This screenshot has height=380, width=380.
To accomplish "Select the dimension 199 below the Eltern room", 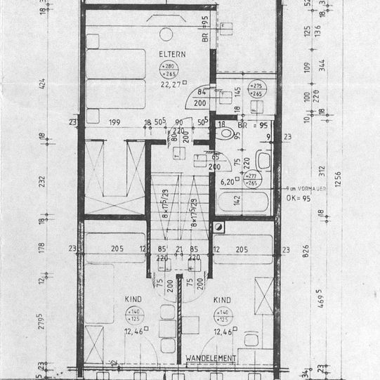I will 114,123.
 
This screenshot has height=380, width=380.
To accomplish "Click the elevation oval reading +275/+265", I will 256,90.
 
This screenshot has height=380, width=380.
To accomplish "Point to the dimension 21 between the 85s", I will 179,248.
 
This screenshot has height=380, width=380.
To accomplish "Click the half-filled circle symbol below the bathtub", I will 219,228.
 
